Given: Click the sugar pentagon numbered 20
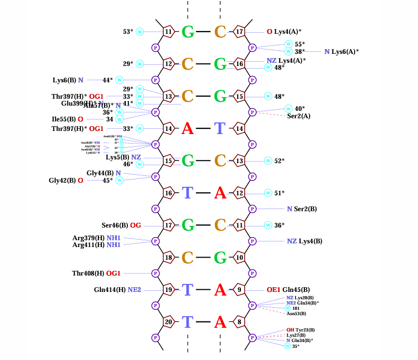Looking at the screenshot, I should [x=169, y=321].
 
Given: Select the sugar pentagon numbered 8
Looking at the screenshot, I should [x=239, y=321].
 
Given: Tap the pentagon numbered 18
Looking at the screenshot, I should [x=169, y=258].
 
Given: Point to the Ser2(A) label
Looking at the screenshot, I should [x=299, y=116].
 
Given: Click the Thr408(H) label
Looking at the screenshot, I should [x=88, y=273].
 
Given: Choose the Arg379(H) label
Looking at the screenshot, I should [x=88, y=238].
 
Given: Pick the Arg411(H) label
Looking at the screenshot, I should [x=88, y=244].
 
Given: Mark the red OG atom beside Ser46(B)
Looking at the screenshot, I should [x=136, y=225].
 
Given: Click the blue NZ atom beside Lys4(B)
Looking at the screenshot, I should [x=292, y=241].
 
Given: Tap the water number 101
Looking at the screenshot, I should [x=296, y=308].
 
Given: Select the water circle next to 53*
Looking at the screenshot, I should [x=140, y=32].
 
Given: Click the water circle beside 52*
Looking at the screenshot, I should [x=268, y=160].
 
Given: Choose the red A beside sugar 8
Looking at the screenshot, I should [x=220, y=321].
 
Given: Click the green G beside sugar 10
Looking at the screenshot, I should [x=220, y=258].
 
